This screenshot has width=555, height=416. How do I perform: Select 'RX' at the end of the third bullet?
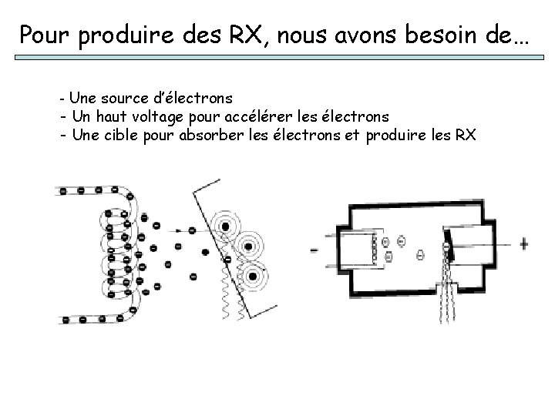click(465, 136)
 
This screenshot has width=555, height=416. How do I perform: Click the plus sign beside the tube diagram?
click(525, 244)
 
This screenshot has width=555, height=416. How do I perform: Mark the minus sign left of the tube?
click(314, 250)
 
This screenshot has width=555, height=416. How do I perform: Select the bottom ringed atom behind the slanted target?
click(251, 276)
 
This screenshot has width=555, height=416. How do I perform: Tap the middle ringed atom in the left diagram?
click(248, 247)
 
